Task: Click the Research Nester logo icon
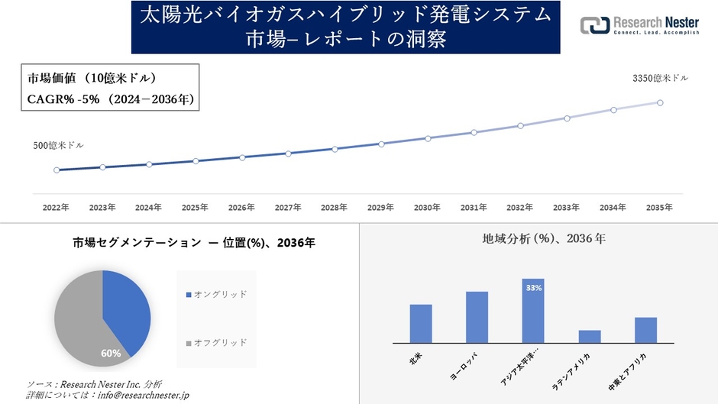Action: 595,25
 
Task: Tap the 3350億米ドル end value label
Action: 660,79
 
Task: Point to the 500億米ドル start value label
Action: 59,145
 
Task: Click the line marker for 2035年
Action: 660,102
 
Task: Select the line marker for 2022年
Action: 57,170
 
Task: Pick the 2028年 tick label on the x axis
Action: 335,208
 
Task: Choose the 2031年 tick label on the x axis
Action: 474,208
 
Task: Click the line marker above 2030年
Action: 428,138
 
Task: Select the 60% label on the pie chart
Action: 111,354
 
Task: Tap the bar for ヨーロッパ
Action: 477,317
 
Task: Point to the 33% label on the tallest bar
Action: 533,288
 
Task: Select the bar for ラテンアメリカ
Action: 590,336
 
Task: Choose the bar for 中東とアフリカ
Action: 645,330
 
